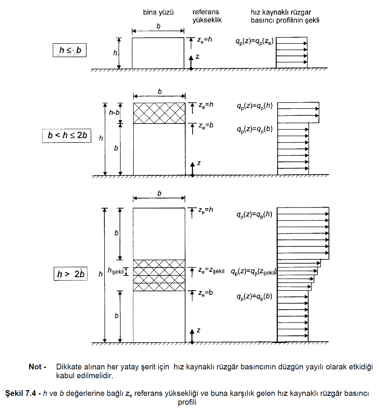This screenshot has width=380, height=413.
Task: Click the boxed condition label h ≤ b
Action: click(70, 50)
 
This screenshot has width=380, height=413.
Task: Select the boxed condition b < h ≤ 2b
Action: click(67, 135)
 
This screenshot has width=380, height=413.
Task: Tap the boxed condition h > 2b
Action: click(71, 274)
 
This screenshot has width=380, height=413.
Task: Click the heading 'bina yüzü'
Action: click(158, 12)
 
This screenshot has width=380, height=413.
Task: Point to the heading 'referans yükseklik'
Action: click(207, 16)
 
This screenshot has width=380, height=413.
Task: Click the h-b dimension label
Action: click(114, 112)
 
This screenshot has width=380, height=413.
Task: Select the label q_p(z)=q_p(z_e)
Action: click(254, 41)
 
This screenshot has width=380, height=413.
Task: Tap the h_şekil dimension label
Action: click(115, 271)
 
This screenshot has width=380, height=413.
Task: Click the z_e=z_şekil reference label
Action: click(211, 270)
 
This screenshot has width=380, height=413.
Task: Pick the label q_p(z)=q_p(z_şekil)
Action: click(254, 272)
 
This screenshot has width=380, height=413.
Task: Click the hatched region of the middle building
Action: click(159, 113)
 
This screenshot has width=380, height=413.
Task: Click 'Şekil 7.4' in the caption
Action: click(20, 393)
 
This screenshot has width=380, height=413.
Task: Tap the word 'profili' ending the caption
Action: click(187, 402)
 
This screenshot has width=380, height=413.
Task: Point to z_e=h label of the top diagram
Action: click(205, 40)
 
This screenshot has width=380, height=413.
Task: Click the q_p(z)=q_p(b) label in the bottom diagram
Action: click(254, 296)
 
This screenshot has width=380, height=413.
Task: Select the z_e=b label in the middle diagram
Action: click(206, 126)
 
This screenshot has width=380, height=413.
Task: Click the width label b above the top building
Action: click(158, 26)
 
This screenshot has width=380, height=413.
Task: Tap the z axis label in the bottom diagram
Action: click(198, 330)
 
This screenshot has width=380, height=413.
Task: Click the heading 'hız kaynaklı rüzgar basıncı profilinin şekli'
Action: click(285, 16)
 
